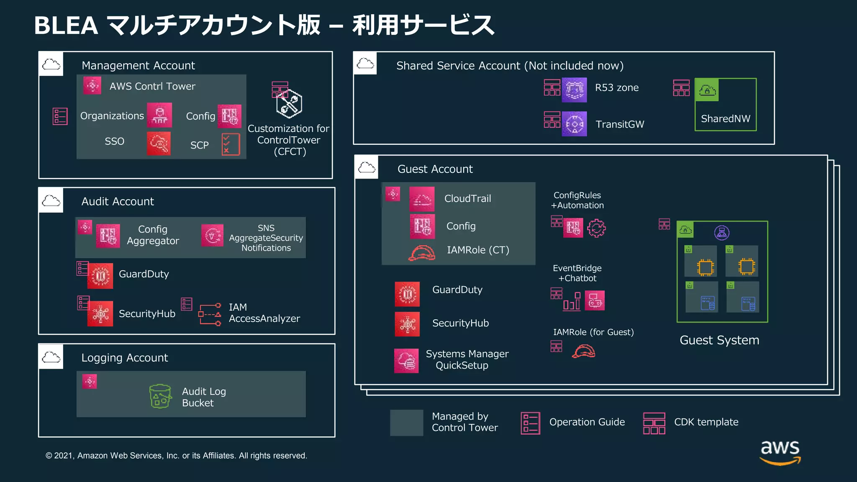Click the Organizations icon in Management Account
tap(159, 115)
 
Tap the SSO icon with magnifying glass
tap(159, 144)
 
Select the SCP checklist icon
tap(231, 145)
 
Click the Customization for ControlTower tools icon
tap(289, 103)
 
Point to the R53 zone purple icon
tap(574, 90)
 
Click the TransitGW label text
tap(620, 124)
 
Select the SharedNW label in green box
tap(726, 119)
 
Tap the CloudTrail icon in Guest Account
tap(422, 199)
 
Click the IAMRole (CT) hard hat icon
tap(421, 253)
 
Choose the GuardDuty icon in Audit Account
tap(100, 276)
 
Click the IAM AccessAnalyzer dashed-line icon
tap(210, 315)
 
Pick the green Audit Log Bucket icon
tap(160, 396)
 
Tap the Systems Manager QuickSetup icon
tap(406, 361)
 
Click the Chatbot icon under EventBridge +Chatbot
tap(595, 300)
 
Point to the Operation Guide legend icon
tap(530, 423)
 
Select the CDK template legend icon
tap(654, 423)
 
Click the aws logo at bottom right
tap(780, 452)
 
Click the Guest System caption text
tap(719, 340)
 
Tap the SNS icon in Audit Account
tap(212, 236)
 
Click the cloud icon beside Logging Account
tap(51, 357)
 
